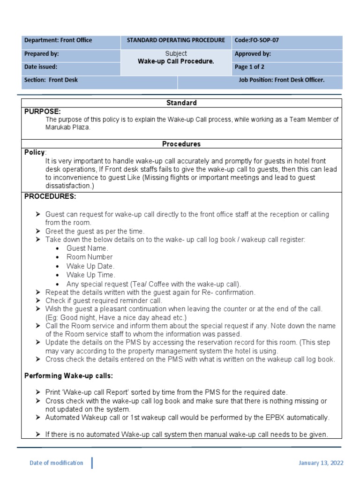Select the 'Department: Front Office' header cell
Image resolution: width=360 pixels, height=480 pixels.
(58, 40)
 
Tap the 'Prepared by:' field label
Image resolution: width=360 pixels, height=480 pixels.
(42, 54)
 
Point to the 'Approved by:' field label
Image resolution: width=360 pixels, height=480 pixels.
(253, 54)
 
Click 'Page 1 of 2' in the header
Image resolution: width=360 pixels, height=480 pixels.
(249, 67)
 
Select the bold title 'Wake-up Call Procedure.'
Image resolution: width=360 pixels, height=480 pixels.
(176, 61)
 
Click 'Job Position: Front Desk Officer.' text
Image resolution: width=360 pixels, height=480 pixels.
(281, 80)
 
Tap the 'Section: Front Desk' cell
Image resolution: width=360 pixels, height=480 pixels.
(51, 80)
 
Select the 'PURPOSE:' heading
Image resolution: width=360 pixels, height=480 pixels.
(43, 111)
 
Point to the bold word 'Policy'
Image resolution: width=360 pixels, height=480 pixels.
(35, 152)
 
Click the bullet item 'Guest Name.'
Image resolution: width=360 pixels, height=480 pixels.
(87, 248)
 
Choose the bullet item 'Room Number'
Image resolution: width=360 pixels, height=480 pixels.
(90, 257)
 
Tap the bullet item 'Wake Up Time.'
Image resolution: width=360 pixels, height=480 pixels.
(90, 275)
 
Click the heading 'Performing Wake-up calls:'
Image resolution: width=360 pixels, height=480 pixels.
(69, 376)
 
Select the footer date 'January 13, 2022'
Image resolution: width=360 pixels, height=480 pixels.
(321, 463)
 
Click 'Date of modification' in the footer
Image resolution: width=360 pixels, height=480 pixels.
(56, 463)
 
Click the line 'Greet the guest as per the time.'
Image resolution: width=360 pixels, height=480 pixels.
(95, 231)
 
